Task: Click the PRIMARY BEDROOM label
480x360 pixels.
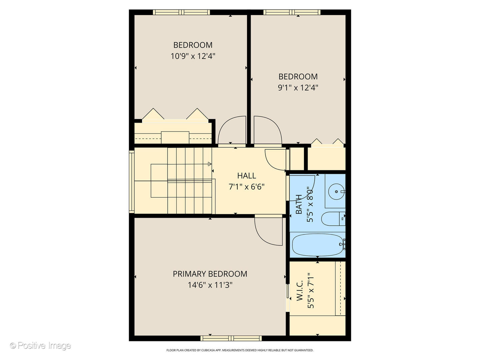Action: pyautogui.click(x=210, y=274)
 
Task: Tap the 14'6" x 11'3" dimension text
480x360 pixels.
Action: pyautogui.click(x=210, y=285)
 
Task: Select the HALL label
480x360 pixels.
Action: pyautogui.click(x=246, y=176)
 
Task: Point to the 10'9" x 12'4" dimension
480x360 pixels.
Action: pyautogui.click(x=193, y=56)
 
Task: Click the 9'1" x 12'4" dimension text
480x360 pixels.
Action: pyautogui.click(x=298, y=88)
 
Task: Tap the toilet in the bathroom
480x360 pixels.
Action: pyautogui.click(x=332, y=219)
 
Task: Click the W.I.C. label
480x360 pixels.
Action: pyautogui.click(x=299, y=290)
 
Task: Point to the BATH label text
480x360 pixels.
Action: pyautogui.click(x=299, y=204)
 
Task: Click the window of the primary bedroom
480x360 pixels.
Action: pyautogui.click(x=231, y=338)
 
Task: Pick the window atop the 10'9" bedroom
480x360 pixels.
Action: pyautogui.click(x=181, y=12)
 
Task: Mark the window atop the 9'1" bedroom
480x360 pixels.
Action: pyautogui.click(x=292, y=12)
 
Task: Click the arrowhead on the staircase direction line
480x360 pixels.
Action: pyautogui.click(x=210, y=164)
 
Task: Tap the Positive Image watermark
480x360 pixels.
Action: pyautogui.click(x=40, y=345)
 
